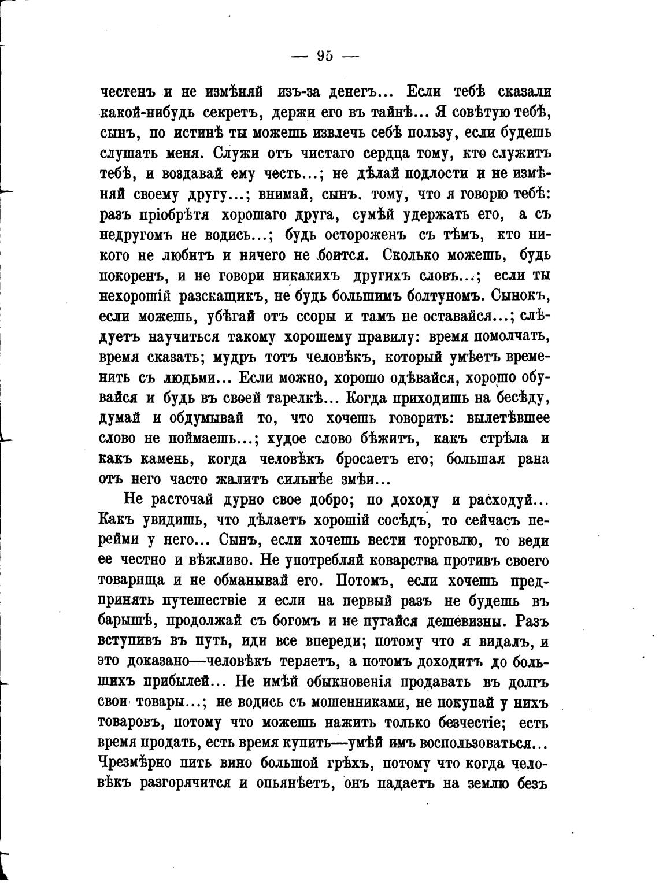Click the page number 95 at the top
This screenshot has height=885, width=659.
tap(325, 56)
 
